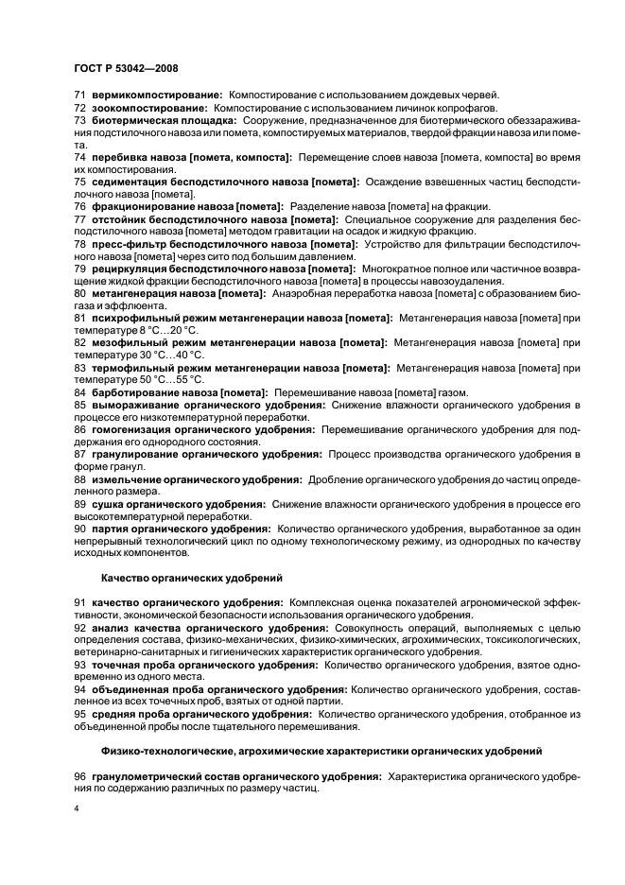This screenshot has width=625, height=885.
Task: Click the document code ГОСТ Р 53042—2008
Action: tap(125, 67)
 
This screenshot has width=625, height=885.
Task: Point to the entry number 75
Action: tap(79, 181)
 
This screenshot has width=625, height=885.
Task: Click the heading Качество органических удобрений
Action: tap(180, 576)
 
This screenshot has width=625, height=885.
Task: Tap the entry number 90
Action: tap(79, 529)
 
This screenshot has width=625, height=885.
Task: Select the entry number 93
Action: tap(79, 665)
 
